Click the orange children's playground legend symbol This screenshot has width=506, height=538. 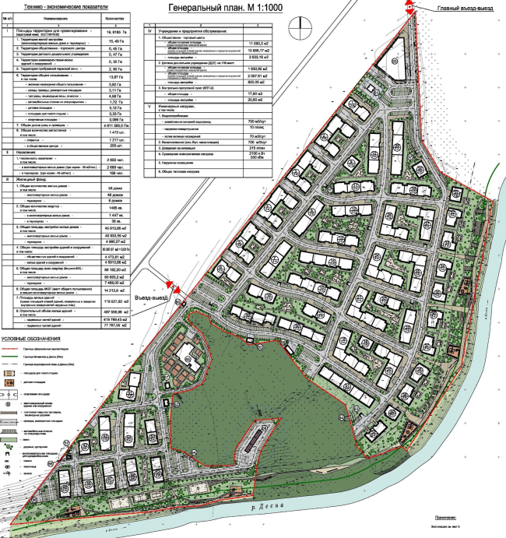(9, 383)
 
